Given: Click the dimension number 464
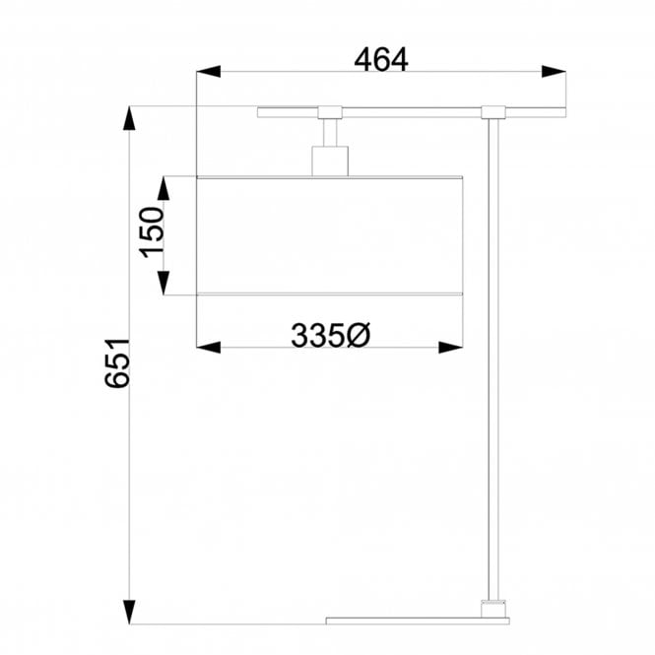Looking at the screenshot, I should click(380, 60).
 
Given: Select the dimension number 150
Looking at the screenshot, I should click(151, 232).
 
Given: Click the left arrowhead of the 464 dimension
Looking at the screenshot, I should click(207, 71).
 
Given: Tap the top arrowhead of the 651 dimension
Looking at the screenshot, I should click(127, 119).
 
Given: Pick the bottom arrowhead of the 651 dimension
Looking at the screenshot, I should click(127, 612).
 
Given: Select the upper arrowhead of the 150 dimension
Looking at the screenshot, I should click(164, 188).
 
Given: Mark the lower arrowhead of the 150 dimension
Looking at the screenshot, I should click(164, 283).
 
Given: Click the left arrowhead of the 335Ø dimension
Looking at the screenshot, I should click(208, 347).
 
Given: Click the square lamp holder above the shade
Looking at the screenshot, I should click(330, 161).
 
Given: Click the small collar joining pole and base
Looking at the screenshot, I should click(493, 608).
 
